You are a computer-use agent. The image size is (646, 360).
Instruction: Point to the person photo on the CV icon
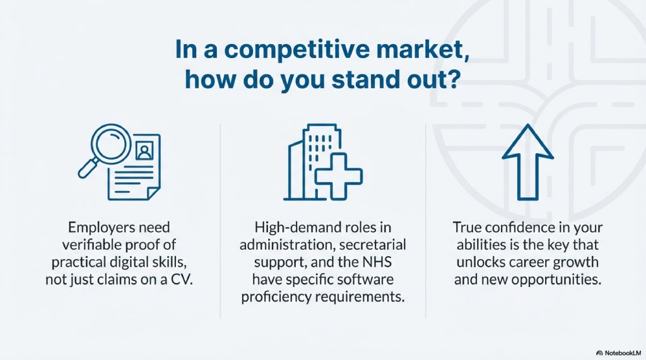click(144, 150)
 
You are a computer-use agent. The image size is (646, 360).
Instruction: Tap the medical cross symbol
click(339, 177)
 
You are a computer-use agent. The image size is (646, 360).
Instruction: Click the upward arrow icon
click(528, 162)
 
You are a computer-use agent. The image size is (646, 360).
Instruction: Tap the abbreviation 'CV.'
click(182, 280)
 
